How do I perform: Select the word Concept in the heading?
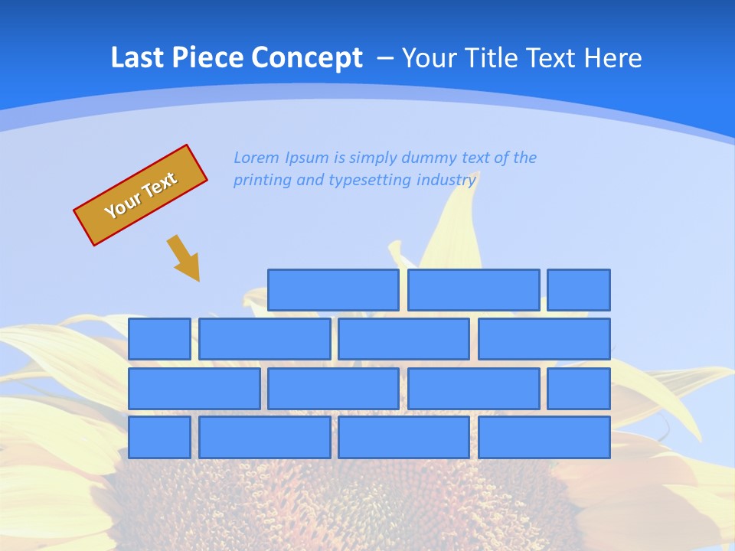(x=307, y=59)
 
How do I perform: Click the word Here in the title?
(x=612, y=57)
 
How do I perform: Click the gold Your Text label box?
(x=141, y=195)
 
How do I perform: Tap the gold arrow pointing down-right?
(x=184, y=258)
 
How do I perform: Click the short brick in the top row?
(x=579, y=290)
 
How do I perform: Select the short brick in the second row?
(x=159, y=339)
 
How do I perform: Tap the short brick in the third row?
(x=579, y=389)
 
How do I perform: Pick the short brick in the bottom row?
(x=159, y=438)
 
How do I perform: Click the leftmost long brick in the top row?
(x=333, y=290)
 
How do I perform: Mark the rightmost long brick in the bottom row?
(x=544, y=438)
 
